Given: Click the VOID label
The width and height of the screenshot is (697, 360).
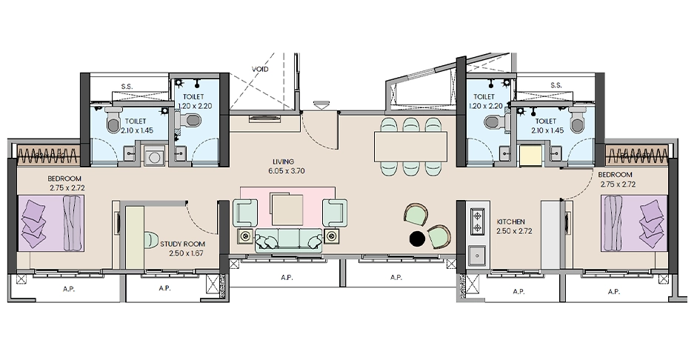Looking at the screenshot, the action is coord(260,70).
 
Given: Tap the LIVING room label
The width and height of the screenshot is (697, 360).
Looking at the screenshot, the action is coord(284,161).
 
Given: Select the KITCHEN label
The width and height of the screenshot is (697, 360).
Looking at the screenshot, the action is coord(511,221).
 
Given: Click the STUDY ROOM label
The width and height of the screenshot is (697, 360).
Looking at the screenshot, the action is coord(183,244).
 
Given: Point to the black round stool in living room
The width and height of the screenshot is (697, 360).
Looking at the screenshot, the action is coord(417,239).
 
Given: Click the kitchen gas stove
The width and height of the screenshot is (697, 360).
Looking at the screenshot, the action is coord(478,221).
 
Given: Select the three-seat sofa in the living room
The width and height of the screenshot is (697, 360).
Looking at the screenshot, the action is coord(289,241).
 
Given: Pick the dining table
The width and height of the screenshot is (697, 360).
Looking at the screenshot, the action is coord(411,147).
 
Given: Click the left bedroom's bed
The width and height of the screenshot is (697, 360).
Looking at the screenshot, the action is coord(51,223).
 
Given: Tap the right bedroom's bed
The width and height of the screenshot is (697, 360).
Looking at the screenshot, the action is coord(634,223).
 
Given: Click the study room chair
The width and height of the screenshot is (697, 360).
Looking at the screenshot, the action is coord(149,239).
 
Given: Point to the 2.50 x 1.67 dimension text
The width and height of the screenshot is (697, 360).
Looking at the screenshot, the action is coord(186,253).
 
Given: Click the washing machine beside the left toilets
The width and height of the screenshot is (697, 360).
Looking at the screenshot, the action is coord(154,157).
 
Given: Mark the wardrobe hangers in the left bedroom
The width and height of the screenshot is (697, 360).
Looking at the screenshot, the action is coord(48,155).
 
